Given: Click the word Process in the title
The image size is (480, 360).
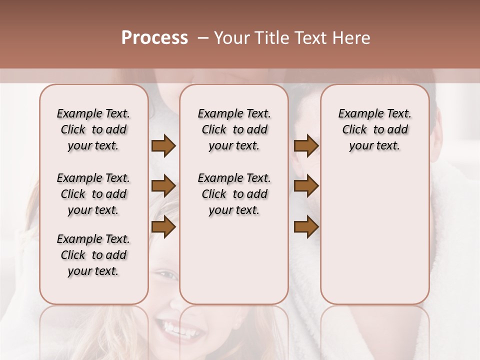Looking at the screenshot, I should (x=154, y=38).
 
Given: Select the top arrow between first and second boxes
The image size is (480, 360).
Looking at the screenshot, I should (x=163, y=146).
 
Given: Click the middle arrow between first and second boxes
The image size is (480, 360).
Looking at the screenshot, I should (x=163, y=186).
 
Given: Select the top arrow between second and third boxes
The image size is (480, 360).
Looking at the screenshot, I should (x=306, y=146).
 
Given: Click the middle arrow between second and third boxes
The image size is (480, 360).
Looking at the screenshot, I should (x=306, y=186).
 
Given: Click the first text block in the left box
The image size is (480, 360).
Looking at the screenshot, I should (x=93, y=129).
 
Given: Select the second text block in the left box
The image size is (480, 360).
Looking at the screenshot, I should (x=93, y=194).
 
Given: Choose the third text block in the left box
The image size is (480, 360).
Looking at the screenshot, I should (x=93, y=255).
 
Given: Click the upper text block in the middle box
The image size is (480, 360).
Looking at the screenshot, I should (x=234, y=129).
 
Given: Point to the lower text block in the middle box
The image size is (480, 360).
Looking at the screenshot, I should (x=234, y=194).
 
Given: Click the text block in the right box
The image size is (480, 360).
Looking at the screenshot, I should (x=374, y=129).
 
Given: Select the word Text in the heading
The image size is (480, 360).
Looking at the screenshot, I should (x=311, y=38).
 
